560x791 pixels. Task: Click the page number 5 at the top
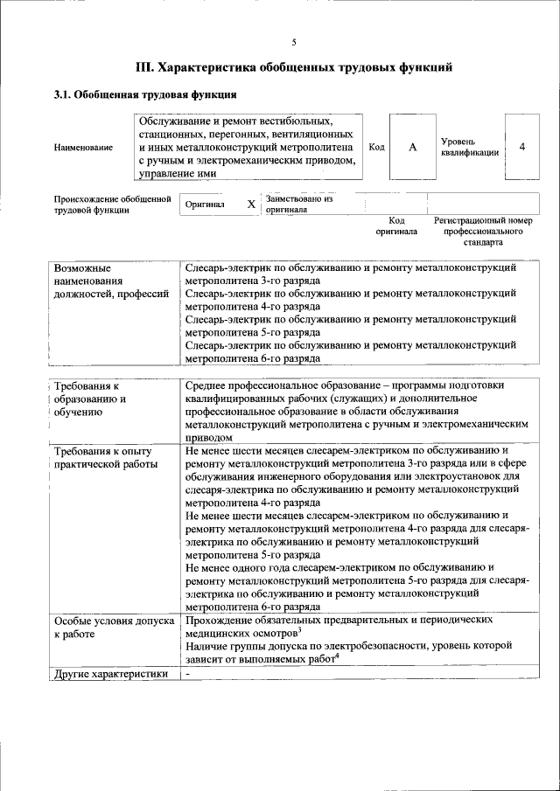click(x=294, y=42)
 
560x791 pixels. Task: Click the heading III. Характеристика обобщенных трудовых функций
click(x=294, y=66)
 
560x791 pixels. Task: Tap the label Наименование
click(x=83, y=148)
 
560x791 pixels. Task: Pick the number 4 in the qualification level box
click(x=522, y=147)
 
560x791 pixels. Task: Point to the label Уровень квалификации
click(x=470, y=147)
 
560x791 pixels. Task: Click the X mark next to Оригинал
click(x=251, y=205)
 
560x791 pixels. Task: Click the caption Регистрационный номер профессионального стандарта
click(x=483, y=232)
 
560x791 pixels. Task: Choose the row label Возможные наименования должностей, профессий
click(x=110, y=281)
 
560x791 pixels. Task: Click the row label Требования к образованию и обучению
click(x=90, y=399)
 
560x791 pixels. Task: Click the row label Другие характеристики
click(x=110, y=673)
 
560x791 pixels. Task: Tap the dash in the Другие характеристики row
click(x=188, y=673)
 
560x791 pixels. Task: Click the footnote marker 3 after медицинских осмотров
click(x=299, y=629)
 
